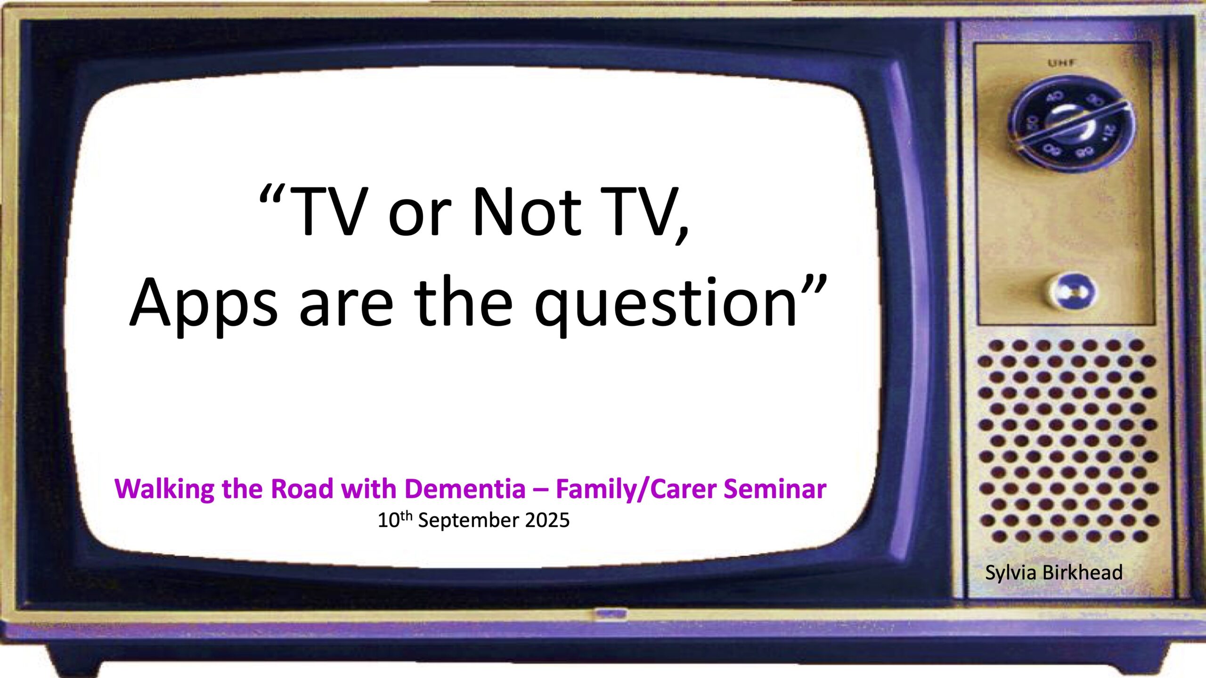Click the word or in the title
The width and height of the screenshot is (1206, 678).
[x=419, y=218]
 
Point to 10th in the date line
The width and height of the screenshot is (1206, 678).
[x=395, y=520]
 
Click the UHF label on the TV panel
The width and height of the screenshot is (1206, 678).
[x=1061, y=63]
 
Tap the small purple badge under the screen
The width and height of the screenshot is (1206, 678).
[x=610, y=614]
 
